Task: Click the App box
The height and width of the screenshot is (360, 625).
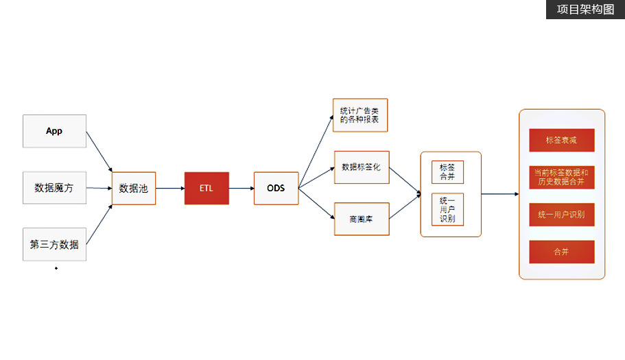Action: point(54,131)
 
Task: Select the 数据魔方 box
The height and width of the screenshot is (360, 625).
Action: point(54,187)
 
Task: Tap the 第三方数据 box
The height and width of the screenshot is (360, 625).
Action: point(54,244)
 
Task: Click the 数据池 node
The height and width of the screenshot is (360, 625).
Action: point(134,188)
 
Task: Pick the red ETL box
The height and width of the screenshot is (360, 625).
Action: point(207,188)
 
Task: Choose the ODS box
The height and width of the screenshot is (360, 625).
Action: point(276,188)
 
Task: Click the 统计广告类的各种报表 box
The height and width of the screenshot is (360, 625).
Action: point(359,115)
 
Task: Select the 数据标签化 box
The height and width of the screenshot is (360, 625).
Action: point(361,167)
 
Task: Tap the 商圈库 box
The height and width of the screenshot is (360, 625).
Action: point(361,219)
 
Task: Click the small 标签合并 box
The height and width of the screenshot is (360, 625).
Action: point(447,172)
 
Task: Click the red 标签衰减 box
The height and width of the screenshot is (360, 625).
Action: point(561,140)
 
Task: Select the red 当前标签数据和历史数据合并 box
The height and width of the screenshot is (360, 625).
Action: point(561,177)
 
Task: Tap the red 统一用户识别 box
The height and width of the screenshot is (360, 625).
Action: point(561,215)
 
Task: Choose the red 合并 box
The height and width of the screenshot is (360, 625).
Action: point(561,252)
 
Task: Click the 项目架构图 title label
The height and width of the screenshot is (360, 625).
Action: point(585,10)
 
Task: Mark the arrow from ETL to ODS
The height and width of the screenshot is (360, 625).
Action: point(241,188)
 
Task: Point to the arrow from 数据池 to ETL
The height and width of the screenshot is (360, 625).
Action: point(169,188)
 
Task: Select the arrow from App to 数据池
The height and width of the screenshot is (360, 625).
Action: point(99,156)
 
